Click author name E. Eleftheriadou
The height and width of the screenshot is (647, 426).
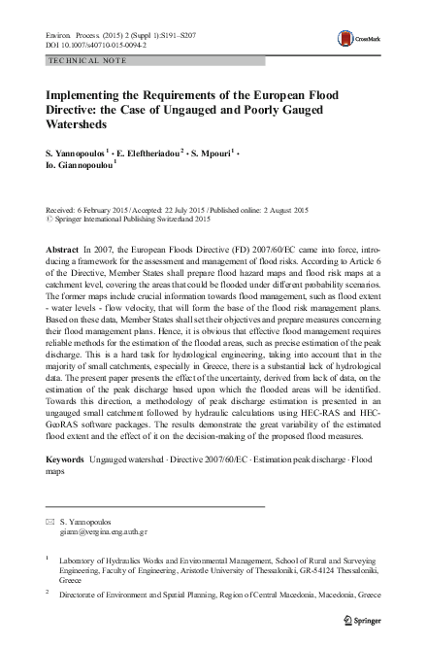[x=152, y=156]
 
